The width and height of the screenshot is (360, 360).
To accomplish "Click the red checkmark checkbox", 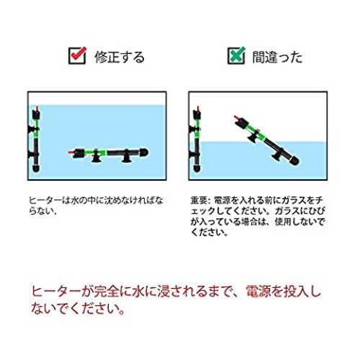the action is point(77,55).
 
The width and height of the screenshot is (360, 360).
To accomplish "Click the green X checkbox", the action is point(236,55).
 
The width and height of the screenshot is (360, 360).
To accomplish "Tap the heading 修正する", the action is point(120,57).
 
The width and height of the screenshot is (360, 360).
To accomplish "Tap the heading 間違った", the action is point(277,57).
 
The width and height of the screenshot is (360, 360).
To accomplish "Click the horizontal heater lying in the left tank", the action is point(109,154).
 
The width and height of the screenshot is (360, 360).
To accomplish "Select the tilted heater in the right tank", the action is point(266,140).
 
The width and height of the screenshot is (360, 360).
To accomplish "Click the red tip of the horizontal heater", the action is point(71,152).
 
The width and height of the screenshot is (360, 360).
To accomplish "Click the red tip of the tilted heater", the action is point(237,118).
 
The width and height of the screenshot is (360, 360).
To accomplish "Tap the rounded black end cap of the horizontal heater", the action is point(144,153).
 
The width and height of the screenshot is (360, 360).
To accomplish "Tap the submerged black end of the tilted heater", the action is point(294,161).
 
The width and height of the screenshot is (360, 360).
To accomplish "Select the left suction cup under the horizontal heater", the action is point(96,158).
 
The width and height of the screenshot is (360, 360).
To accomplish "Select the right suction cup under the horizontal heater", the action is point(126,158).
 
